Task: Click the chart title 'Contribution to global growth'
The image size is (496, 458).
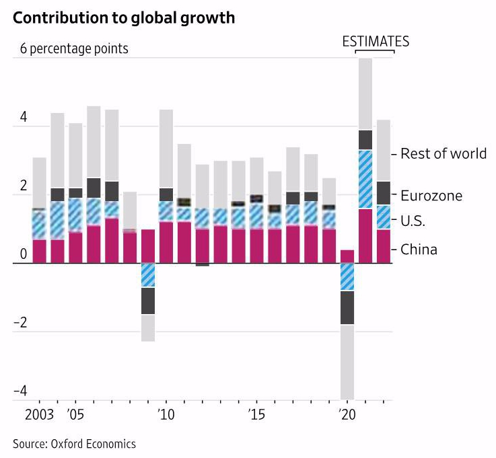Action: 124,18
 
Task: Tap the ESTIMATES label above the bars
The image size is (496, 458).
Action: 375,41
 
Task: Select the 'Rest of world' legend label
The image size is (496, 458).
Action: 443,154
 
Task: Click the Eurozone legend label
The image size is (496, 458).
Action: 431,196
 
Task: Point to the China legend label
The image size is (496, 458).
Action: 419,250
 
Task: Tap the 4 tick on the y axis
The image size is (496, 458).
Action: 24,117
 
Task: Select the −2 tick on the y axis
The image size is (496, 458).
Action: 22,322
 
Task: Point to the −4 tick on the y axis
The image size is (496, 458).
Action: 22,391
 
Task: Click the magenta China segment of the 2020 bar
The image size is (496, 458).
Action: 347,256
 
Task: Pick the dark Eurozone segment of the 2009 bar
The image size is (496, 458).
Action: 148,301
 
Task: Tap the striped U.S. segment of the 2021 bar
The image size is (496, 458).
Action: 365,179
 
